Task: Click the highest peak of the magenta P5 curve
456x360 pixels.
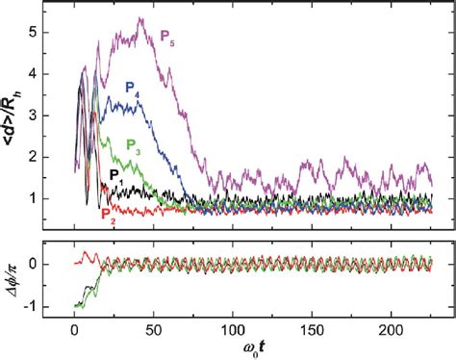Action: (140, 18)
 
